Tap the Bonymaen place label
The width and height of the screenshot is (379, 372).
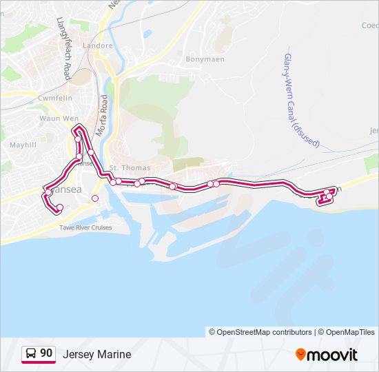click(x=201, y=59)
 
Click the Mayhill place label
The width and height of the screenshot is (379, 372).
click(x=23, y=145)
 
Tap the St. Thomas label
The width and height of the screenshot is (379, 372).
click(x=125, y=168)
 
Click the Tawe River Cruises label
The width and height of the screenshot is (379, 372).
click(x=85, y=227)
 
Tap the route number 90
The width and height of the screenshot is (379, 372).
click(x=46, y=353)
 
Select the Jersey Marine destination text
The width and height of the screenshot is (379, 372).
click(x=96, y=354)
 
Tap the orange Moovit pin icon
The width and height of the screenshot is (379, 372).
click(x=301, y=354)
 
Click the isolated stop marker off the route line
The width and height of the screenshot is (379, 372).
click(x=95, y=198)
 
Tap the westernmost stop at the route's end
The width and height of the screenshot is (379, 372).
click(x=60, y=207)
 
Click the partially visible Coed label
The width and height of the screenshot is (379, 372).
click(x=369, y=25)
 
